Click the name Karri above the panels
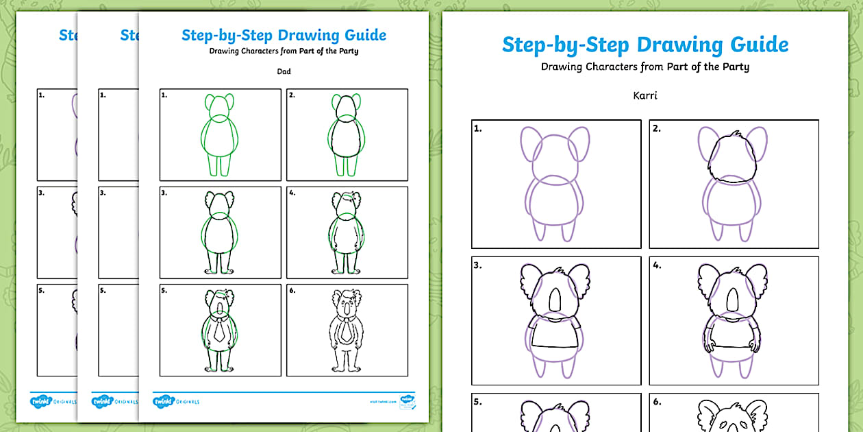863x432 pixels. (x=645, y=95)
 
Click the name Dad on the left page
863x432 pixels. (x=284, y=71)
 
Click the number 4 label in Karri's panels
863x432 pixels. (x=657, y=265)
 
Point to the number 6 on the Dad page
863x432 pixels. (x=292, y=291)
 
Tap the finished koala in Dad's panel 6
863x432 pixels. (x=347, y=329)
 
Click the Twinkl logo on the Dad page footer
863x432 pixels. (x=164, y=400)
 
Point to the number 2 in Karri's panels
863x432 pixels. (x=657, y=128)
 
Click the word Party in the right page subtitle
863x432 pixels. (x=733, y=67)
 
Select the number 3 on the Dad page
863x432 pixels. (x=165, y=193)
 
